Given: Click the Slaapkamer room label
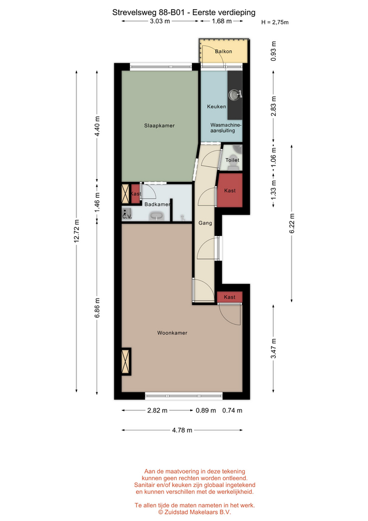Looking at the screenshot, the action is pyautogui.click(x=159, y=125).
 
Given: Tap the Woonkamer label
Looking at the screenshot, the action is pyautogui.click(x=172, y=333).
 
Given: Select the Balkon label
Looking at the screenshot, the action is pyautogui.click(x=223, y=52).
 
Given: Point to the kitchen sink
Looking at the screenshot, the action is pyautogui.click(x=235, y=94).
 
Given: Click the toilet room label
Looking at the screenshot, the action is pyautogui.click(x=233, y=160).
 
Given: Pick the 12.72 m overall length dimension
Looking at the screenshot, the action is pyautogui.click(x=76, y=231).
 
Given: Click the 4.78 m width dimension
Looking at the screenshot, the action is pyautogui.click(x=182, y=430).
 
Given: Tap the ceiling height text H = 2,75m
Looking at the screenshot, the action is pyautogui.click(x=275, y=22).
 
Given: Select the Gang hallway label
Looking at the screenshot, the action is pyautogui.click(x=205, y=223).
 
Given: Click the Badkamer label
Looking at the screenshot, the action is pyautogui.click(x=157, y=205).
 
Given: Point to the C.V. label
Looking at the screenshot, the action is pyautogui.click(x=127, y=217).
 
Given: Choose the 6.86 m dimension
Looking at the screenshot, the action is pyautogui.click(x=97, y=308).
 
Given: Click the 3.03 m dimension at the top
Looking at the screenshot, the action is pyautogui.click(x=160, y=21).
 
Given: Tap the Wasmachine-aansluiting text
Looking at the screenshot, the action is pyautogui.click(x=226, y=128).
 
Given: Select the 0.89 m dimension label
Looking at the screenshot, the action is pyautogui.click(x=206, y=410).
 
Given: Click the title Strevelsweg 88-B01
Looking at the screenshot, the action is pyautogui.click(x=150, y=12).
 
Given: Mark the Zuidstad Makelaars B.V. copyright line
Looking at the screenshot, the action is pyautogui.click(x=195, y=512).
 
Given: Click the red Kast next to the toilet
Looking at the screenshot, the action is pyautogui.click(x=230, y=190).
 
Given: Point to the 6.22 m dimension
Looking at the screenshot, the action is pyautogui.click(x=292, y=224).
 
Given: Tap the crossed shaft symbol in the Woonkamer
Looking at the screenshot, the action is pyautogui.click(x=126, y=361).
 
